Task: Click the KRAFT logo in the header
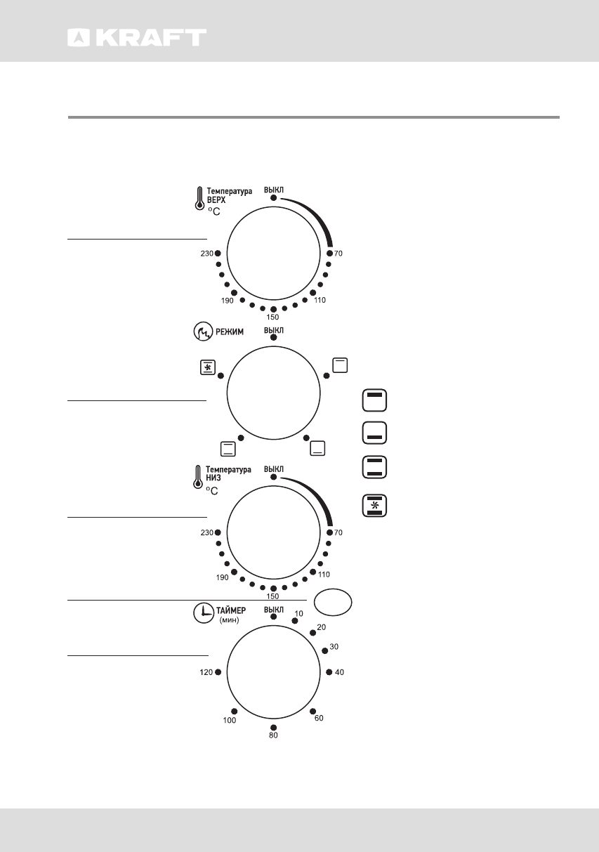tap(137, 38)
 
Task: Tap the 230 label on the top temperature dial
tap(207, 254)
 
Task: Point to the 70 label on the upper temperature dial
tap(338, 254)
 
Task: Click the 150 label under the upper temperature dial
tap(272, 317)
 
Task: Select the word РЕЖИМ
tap(230, 332)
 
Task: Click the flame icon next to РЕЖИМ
tap(203, 332)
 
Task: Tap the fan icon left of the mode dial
tap(208, 367)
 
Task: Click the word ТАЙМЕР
tap(231, 610)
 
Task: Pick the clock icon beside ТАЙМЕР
tap(204, 613)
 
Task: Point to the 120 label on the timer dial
tap(206, 672)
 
